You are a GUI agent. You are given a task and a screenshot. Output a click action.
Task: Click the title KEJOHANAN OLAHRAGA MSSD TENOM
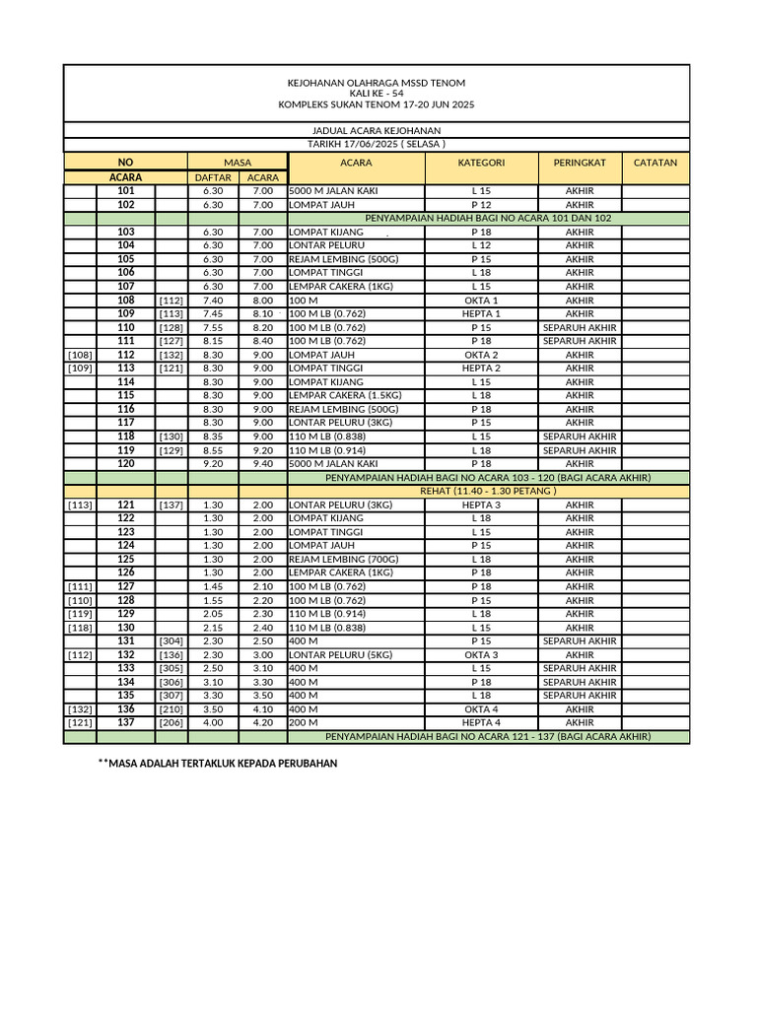[376, 83]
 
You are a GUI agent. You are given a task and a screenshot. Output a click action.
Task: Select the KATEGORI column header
[481, 163]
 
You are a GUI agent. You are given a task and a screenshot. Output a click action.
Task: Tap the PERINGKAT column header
[579, 163]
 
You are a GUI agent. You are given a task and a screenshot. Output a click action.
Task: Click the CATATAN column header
[655, 163]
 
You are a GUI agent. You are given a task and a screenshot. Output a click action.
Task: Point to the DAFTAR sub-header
[212, 177]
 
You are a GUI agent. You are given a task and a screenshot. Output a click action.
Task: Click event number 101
[126, 191]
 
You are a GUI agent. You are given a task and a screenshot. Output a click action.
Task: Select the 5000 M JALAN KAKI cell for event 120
[333, 463]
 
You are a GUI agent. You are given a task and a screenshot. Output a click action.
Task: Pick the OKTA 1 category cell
[481, 301]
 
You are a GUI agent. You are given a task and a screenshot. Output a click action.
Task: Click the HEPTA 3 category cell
[481, 504]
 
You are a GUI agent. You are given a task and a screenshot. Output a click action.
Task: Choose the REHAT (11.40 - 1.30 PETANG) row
[488, 491]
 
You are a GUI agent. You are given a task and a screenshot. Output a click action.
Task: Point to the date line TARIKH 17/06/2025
[376, 144]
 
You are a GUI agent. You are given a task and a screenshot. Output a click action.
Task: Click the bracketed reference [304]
[171, 640]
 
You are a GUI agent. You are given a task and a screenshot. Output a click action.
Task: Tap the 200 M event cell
[303, 722]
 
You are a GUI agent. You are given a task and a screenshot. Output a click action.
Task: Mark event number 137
[126, 722]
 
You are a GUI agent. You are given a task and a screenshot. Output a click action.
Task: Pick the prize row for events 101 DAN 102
[488, 218]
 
